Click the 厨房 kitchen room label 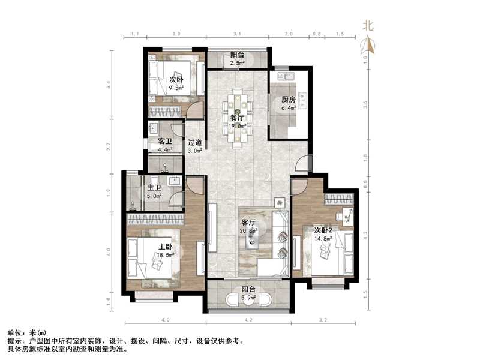click(289, 100)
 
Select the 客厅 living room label click(248, 221)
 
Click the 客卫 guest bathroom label click(165, 142)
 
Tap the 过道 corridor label click(194, 143)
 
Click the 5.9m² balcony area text click(248, 297)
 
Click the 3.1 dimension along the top click(238, 34)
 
